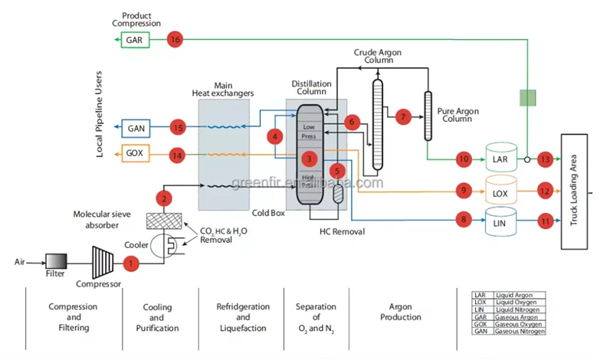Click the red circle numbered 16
click(x=175, y=39)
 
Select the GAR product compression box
click(x=134, y=39)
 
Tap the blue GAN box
click(x=136, y=127)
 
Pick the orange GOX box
click(x=136, y=155)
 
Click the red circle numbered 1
click(x=132, y=263)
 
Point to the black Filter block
click(x=55, y=261)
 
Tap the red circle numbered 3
click(x=309, y=159)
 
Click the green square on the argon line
click(x=527, y=97)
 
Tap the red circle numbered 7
click(x=404, y=117)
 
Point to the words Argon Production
click(x=401, y=312)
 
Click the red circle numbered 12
click(x=545, y=190)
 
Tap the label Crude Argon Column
click(x=378, y=57)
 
